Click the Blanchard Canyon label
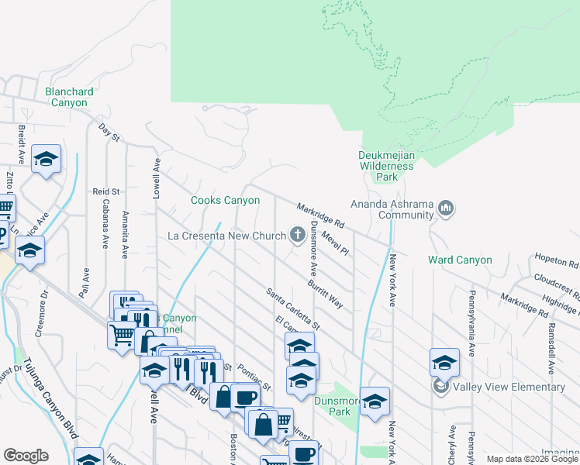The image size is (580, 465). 70,97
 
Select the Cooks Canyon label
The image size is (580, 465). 226,201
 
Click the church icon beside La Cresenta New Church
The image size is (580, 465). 297,235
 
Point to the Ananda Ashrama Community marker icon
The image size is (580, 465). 446,208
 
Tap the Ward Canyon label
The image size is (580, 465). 461,260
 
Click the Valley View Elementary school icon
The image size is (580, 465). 441,387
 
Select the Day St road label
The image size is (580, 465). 109,132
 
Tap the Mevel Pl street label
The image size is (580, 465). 335,245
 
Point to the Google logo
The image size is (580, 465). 26,456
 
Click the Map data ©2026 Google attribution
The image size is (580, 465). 531,459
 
